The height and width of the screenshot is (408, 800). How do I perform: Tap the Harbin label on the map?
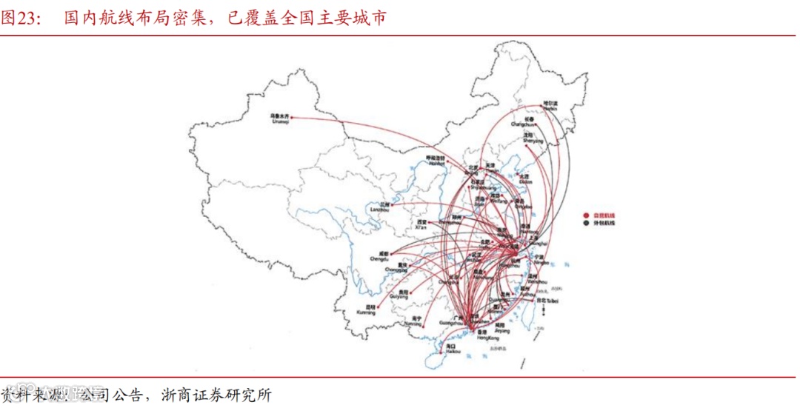tap(549, 105)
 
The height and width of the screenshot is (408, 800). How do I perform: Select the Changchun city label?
tap(524, 122)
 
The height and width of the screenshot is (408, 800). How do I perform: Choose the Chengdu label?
tap(379, 257)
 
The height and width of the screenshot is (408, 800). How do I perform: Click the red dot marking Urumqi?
tap(293, 116)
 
